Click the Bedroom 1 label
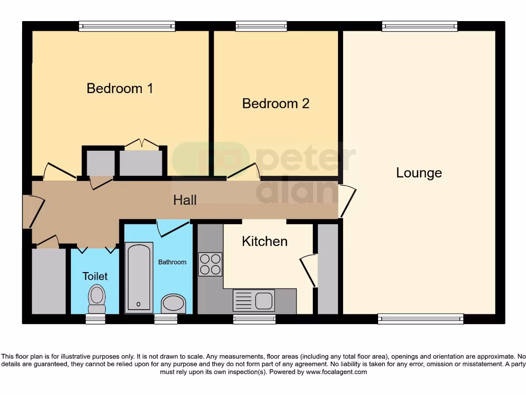[x=120, y=88]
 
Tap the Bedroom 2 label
[x=275, y=103]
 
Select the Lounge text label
[x=419, y=173]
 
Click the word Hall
[x=184, y=200]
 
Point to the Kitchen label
[x=265, y=241]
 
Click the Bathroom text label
[x=172, y=262]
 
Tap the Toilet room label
[x=95, y=276]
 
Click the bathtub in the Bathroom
[x=139, y=277]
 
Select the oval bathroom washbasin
[x=174, y=303]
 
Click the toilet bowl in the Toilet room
[x=97, y=298]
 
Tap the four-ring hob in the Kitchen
[x=210, y=264]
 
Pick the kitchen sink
[x=254, y=300]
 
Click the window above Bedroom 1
[x=127, y=26]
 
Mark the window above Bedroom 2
[x=261, y=26]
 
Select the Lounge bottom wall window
[x=420, y=319]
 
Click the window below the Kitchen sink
[x=254, y=319]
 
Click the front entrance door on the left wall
[x=31, y=211]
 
